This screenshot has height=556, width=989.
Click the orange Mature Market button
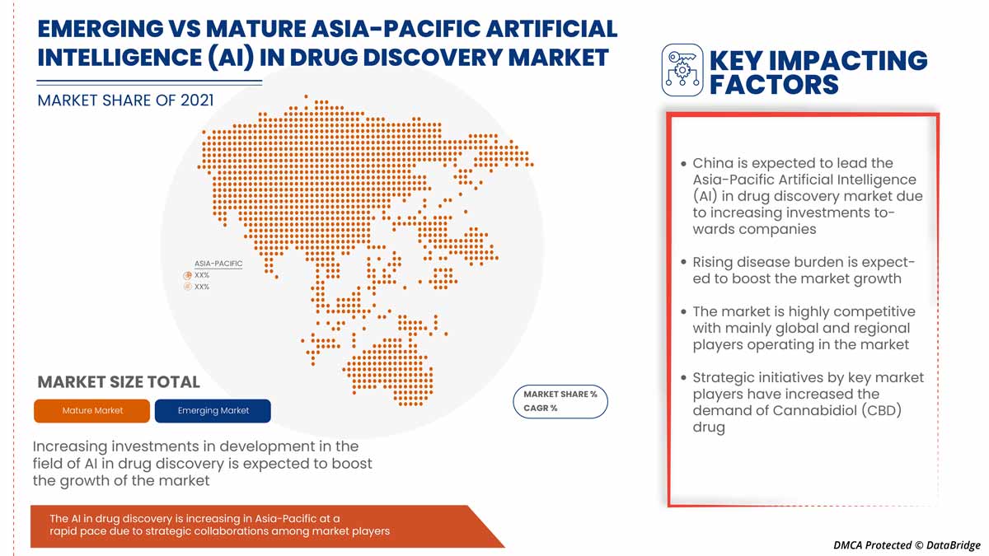pyautogui.click(x=92, y=410)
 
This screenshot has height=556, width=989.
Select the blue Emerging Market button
pyautogui.click(x=213, y=410)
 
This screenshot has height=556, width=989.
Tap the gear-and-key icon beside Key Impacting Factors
pyautogui.click(x=682, y=70)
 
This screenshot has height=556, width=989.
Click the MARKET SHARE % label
pyautogui.click(x=560, y=395)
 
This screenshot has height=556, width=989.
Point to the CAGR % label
pyautogui.click(x=541, y=409)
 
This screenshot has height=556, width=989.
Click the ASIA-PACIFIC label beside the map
pyautogui.click(x=218, y=264)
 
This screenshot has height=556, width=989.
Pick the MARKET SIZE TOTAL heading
pyautogui.click(x=119, y=382)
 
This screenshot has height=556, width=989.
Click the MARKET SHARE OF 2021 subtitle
pyautogui.click(x=125, y=100)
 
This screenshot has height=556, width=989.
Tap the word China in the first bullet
pyautogui.click(x=711, y=163)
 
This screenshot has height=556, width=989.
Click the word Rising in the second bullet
pyautogui.click(x=714, y=262)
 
